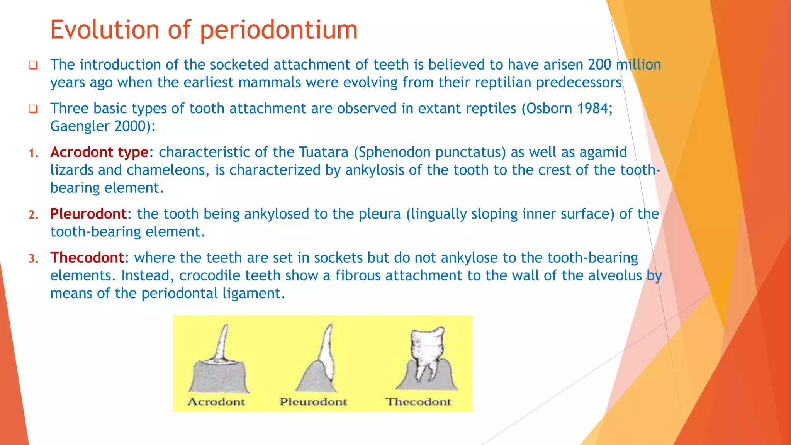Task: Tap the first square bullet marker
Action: click(33, 65)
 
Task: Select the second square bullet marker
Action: click(33, 109)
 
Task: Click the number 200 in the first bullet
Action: click(599, 65)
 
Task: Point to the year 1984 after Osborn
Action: click(594, 109)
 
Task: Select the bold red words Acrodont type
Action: click(99, 153)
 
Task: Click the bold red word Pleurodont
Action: click(88, 214)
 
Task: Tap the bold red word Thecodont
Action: click(87, 258)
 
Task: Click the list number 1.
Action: click(33, 154)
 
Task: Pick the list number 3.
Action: click(33, 259)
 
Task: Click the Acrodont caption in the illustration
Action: click(216, 402)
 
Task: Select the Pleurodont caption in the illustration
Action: click(313, 402)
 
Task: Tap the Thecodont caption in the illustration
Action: click(418, 402)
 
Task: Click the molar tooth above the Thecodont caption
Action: click(427, 352)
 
